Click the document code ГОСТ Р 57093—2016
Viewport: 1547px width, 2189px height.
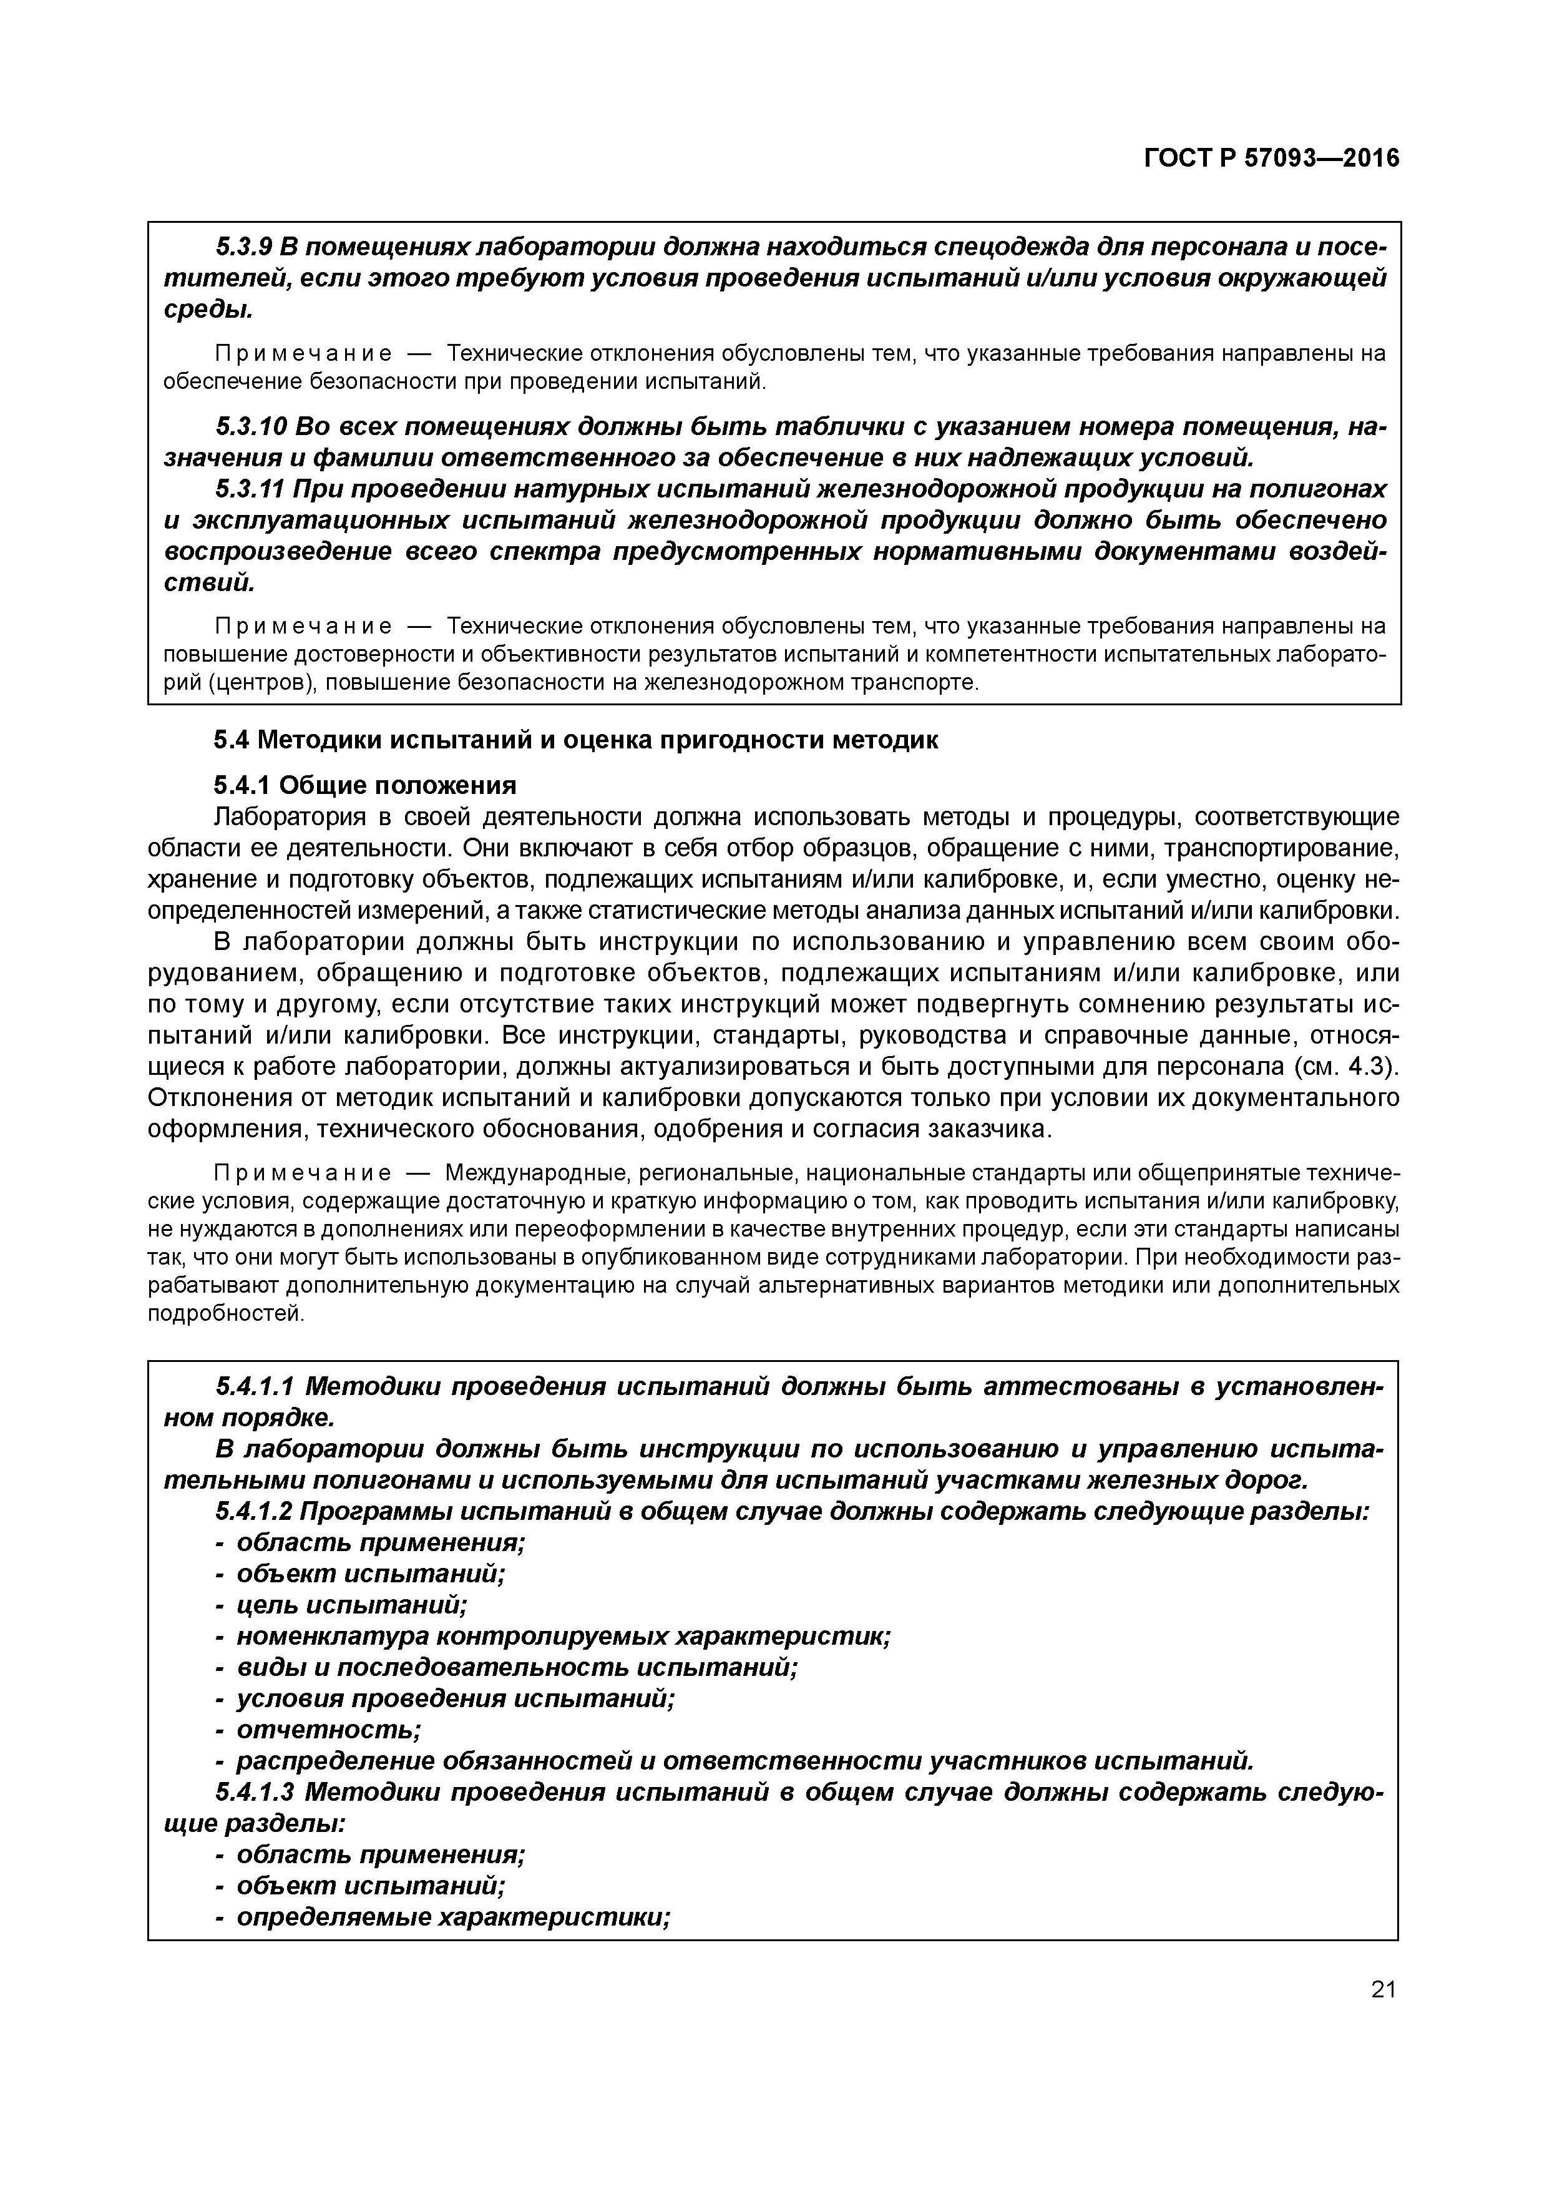pos(1271,159)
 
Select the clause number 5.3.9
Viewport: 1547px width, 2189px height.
pos(243,247)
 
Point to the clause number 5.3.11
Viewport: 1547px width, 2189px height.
pos(250,489)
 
